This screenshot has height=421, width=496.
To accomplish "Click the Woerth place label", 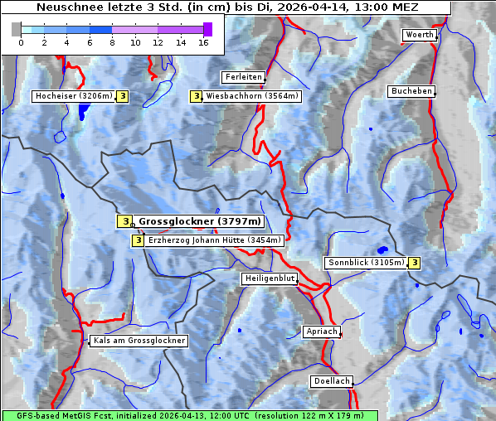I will [x=419, y=35].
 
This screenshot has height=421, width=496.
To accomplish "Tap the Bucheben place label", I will [x=411, y=90].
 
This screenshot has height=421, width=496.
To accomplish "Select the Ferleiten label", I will [x=243, y=77].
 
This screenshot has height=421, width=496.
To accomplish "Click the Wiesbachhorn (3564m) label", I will [x=252, y=96].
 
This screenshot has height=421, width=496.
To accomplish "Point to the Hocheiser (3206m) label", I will [x=73, y=96].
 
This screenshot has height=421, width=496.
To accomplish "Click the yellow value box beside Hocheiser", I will [x=122, y=96].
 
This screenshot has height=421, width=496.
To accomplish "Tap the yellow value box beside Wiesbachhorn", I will [x=196, y=96].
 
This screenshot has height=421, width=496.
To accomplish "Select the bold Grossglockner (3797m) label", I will [x=199, y=221].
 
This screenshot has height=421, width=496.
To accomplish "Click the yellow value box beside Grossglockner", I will [x=124, y=221].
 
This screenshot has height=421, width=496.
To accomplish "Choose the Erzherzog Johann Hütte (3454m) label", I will [x=214, y=240].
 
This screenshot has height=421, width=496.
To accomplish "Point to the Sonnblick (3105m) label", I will [x=366, y=263].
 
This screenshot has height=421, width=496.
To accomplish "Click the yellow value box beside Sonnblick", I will [x=414, y=263].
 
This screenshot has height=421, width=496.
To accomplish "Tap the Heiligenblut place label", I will [x=270, y=278].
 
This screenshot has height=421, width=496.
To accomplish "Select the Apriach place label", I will [x=321, y=331].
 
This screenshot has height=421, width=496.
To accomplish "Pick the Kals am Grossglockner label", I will [x=139, y=341].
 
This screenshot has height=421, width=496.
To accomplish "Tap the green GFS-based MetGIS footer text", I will [x=189, y=415].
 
